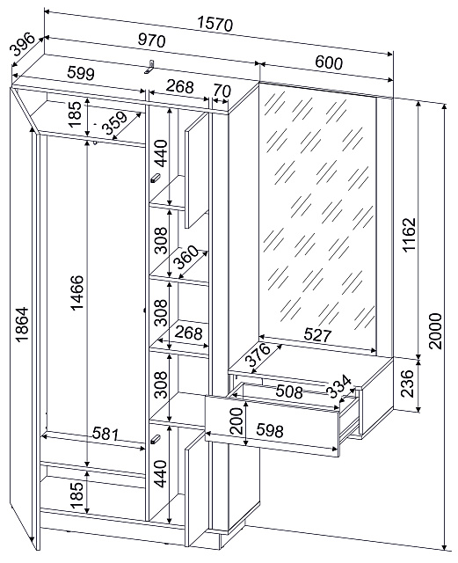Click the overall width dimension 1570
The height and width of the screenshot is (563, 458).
[215, 25]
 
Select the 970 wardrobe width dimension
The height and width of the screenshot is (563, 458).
[152, 40]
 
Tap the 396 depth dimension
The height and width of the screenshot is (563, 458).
[22, 45]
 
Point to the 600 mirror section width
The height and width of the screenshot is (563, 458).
[329, 62]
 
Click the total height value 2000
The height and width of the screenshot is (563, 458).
[436, 331]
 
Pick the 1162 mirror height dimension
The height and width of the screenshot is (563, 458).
[409, 235]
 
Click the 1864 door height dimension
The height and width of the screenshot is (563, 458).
[21, 324]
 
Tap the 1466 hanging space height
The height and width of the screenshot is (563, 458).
[76, 293]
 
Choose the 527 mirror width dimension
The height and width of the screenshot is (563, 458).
[317, 335]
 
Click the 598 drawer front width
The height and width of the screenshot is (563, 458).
[270, 430]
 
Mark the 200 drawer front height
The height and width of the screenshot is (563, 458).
[236, 421]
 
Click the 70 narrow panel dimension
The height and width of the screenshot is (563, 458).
[222, 91]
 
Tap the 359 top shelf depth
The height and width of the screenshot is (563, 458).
[114, 123]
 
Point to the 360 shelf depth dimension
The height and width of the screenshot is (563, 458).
[185, 257]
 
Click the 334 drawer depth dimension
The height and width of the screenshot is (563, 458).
[340, 386]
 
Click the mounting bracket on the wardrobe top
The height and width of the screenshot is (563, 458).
[149, 67]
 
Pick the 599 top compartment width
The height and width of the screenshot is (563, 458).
[81, 74]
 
